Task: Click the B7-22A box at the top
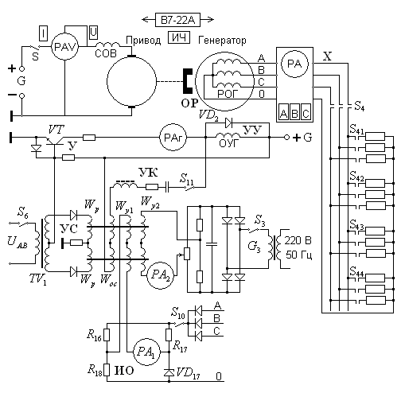[x=177, y=20]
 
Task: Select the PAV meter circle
[x=64, y=47]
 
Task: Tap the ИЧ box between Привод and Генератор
[x=179, y=37]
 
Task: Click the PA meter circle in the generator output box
[x=294, y=64]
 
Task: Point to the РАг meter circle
[x=173, y=138]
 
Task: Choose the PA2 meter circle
[x=160, y=275]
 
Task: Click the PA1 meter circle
[x=146, y=352]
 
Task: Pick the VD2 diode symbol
[x=229, y=123]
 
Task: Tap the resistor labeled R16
[x=107, y=335]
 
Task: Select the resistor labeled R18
[x=107, y=370]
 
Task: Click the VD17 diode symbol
[x=169, y=372]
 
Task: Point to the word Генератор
[x=222, y=41]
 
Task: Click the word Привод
[x=143, y=41]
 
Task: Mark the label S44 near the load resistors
[x=356, y=272]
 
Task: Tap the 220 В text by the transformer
[x=298, y=240]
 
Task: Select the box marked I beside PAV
[x=43, y=33]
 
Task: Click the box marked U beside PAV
[x=93, y=33]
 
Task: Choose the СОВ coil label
[x=106, y=53]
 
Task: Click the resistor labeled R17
[x=169, y=335]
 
